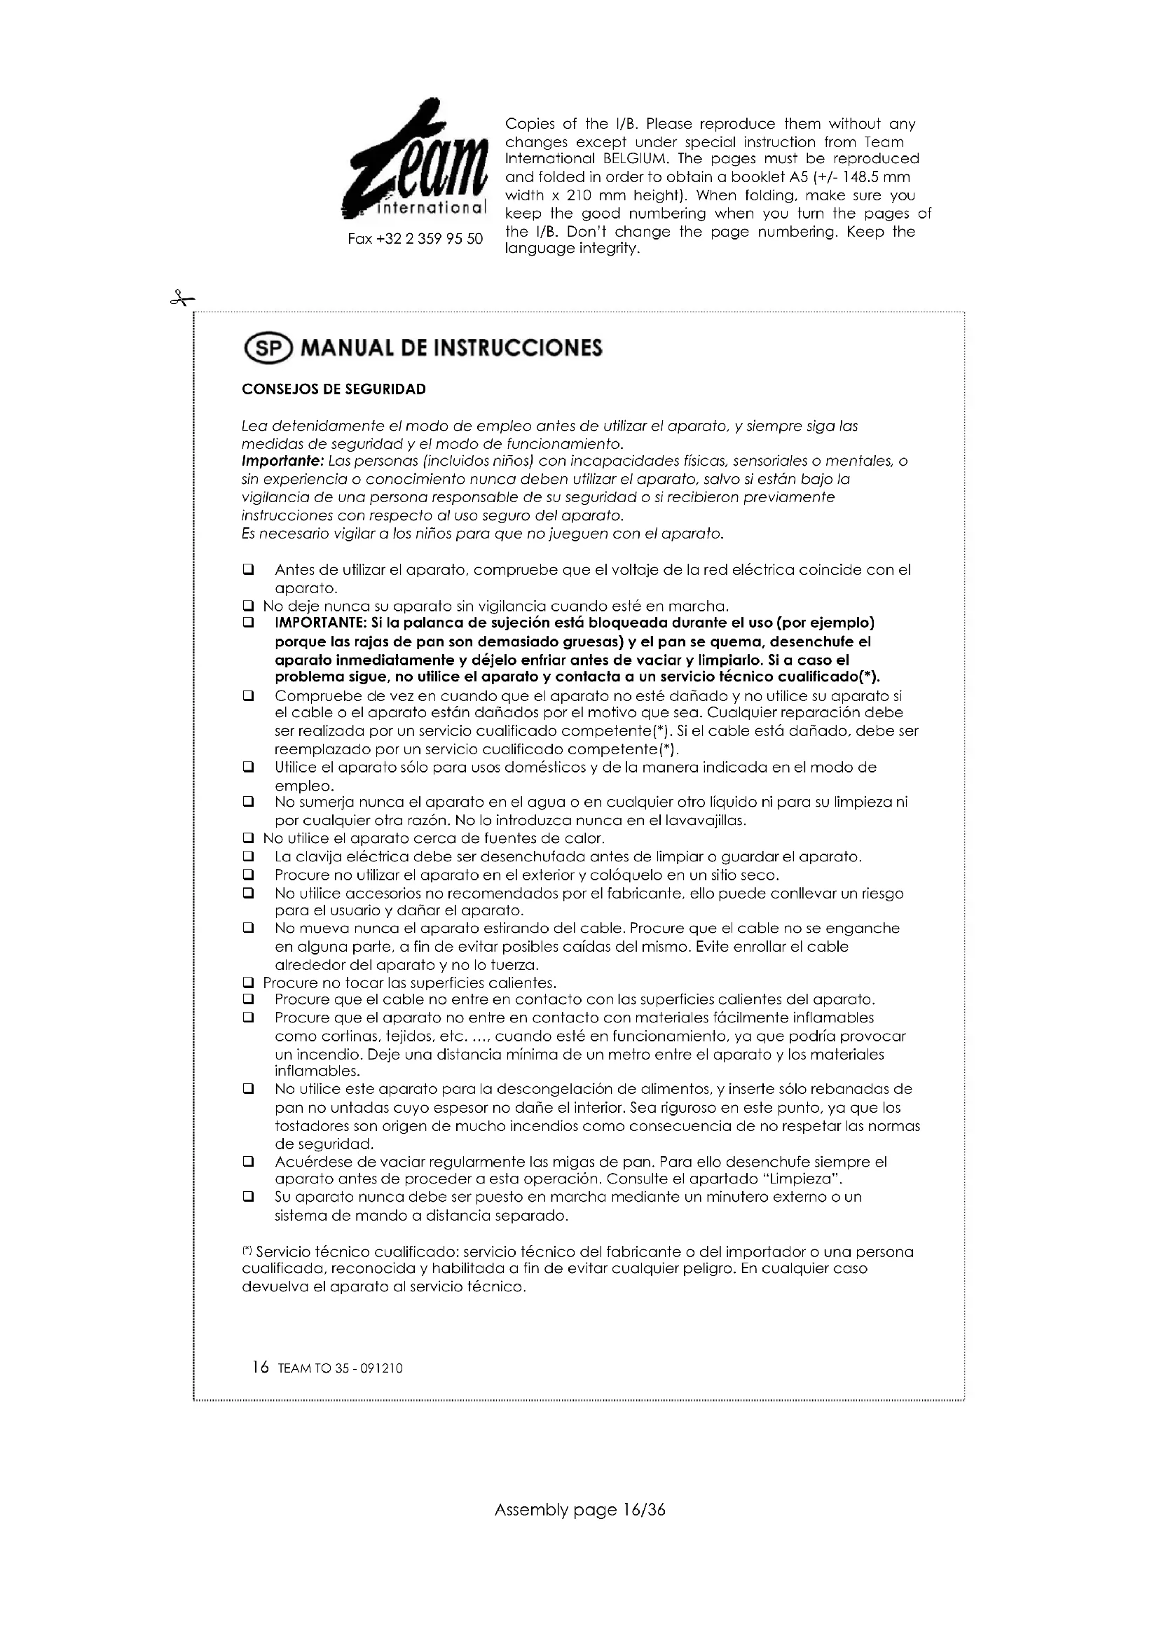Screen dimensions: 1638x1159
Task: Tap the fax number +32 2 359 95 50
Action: [415, 238]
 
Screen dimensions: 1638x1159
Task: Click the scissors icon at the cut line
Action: [181, 299]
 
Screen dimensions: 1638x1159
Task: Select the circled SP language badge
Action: [268, 347]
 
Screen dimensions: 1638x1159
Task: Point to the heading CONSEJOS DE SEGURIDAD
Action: [334, 389]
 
